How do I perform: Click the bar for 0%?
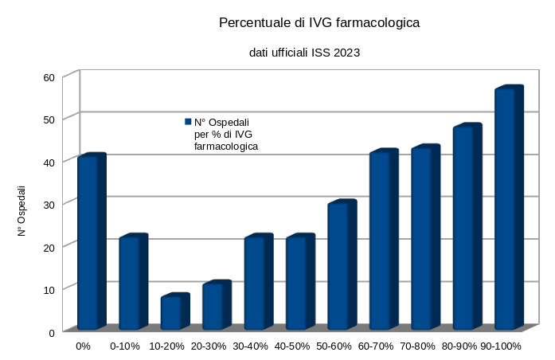pyautogui.click(x=88, y=243)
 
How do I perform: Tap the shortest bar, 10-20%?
pyautogui.click(x=171, y=312)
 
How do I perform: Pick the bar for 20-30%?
pyautogui.click(x=213, y=306)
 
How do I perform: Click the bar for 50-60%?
pyautogui.click(x=338, y=266)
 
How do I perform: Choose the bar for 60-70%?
pyautogui.click(x=380, y=241)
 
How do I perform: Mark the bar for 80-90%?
pyautogui.click(x=463, y=228)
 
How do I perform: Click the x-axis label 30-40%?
pyautogui.click(x=251, y=346)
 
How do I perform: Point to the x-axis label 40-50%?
pyautogui.click(x=292, y=346)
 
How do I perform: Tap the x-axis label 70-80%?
pyautogui.click(x=417, y=346)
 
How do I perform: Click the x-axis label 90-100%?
pyautogui.click(x=501, y=346)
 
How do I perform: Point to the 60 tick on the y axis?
pyautogui.click(x=48, y=77)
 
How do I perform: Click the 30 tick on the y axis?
pyautogui.click(x=48, y=205)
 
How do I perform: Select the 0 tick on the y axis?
pyautogui.click(x=51, y=332)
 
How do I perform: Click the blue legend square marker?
pyautogui.click(x=188, y=122)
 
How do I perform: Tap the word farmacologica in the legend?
pyautogui.click(x=226, y=147)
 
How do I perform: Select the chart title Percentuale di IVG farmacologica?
pyautogui.click(x=319, y=24)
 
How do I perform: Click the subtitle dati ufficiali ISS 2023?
pyautogui.click(x=304, y=53)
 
